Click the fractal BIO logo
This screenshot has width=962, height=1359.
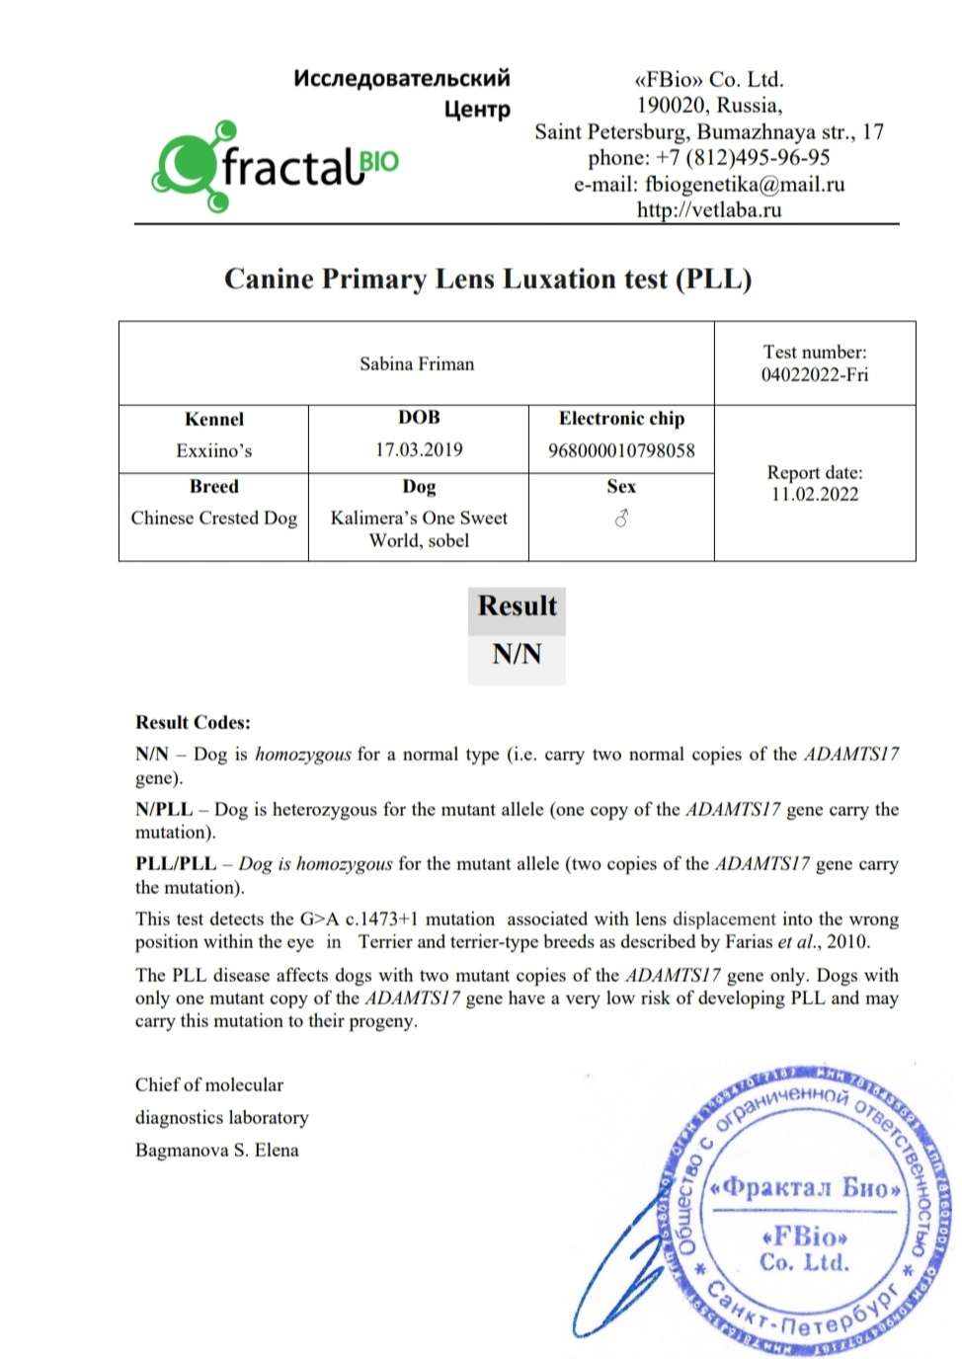tap(275, 166)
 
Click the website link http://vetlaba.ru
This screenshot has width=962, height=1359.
tap(708, 209)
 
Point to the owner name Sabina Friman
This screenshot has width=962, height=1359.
tap(416, 363)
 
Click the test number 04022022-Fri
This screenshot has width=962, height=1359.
tap(814, 374)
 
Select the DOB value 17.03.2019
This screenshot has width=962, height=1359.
tap(419, 449)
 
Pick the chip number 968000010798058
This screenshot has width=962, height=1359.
tap(621, 450)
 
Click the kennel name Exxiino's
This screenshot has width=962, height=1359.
tap(213, 450)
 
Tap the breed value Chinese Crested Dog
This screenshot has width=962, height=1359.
tap(213, 518)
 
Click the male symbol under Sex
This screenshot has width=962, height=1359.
tap(621, 518)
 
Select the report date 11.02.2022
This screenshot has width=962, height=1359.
tap(814, 495)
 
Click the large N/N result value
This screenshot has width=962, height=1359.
tap(517, 653)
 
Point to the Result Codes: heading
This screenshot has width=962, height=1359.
tap(193, 722)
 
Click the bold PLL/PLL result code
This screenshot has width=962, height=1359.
tap(175, 863)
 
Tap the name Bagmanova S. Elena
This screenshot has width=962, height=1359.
tap(216, 1150)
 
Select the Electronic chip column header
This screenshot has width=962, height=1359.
tap(621, 418)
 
